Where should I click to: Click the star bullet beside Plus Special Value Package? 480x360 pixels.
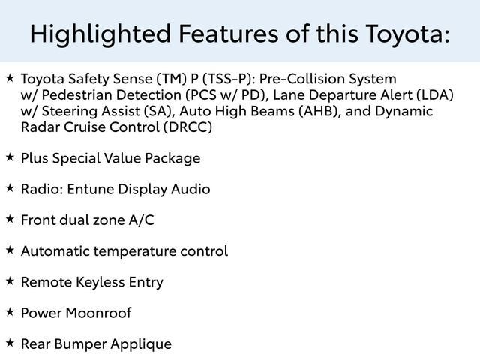click(10, 157)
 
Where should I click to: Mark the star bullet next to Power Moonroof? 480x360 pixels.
click(10, 312)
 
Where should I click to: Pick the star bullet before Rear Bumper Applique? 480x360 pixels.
click(10, 343)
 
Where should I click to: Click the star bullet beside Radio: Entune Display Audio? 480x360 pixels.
click(10, 188)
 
